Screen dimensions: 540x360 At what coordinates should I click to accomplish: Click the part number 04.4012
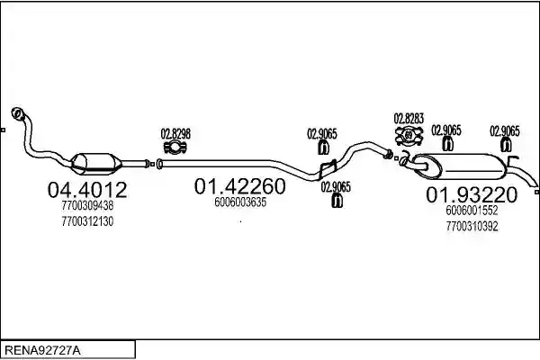coord(87,190)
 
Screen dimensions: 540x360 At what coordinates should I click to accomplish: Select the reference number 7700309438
coord(87,206)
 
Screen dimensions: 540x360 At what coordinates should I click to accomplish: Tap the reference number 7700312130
coord(87,221)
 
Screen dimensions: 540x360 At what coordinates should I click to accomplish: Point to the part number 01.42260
coord(239,186)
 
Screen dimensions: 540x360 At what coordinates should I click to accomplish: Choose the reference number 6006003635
coord(240,202)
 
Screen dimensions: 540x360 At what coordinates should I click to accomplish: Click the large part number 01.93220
coord(472,195)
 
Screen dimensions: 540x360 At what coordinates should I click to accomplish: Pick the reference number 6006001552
coord(472,210)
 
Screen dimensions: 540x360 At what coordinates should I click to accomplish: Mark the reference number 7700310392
coord(472,226)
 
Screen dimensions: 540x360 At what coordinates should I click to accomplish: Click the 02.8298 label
coord(175,134)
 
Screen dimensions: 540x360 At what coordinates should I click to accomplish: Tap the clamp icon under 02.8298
coord(175,147)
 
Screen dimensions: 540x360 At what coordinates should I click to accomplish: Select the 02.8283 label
coord(409,119)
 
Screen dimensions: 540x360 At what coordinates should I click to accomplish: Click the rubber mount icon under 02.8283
coord(409,135)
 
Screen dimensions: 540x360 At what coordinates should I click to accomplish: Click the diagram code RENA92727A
coord(42,351)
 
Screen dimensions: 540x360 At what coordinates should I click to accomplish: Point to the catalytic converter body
coord(96,163)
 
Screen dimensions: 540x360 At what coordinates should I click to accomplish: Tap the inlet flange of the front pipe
coord(18,113)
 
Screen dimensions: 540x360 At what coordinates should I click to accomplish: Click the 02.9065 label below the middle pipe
coord(336,187)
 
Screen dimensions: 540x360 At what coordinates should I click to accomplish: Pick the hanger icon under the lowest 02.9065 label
coord(337,201)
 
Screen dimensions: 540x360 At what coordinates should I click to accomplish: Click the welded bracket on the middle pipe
coord(328,169)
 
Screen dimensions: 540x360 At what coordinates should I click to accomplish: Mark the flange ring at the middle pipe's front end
coord(159,164)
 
